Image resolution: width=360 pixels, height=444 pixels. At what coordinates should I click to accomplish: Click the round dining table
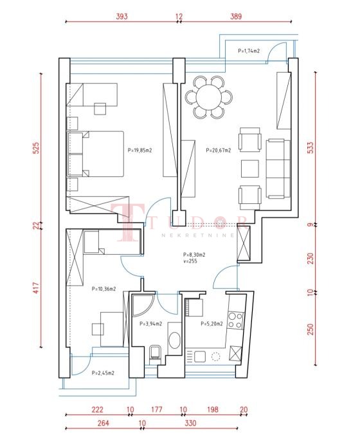[x=209, y=97]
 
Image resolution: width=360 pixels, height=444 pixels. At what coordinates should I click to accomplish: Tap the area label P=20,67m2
[x=219, y=151]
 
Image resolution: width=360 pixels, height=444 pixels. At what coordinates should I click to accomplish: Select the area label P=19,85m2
[x=139, y=151]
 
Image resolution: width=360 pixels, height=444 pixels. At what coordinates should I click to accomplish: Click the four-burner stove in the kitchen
[x=236, y=320]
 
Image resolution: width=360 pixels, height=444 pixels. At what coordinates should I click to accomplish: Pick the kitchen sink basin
[x=199, y=356]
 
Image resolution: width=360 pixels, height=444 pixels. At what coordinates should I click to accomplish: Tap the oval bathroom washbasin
[x=174, y=340]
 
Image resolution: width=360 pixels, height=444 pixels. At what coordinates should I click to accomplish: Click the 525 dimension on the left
[x=37, y=148]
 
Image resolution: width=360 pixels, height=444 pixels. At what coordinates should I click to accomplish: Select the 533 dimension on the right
[x=310, y=148]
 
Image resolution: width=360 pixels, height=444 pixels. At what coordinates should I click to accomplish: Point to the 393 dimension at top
[x=122, y=16]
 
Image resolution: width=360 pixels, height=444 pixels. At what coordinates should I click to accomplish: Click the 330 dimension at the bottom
[x=190, y=423]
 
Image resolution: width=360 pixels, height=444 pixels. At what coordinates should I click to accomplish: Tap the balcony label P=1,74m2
[x=249, y=51]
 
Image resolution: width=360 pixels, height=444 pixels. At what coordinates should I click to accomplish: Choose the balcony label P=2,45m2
[x=103, y=373]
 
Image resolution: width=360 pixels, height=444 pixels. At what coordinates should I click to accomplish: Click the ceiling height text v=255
[x=190, y=261]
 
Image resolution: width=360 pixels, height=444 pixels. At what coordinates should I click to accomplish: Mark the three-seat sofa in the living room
[x=278, y=169]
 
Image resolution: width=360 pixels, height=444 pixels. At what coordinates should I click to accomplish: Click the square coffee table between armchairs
[x=250, y=169]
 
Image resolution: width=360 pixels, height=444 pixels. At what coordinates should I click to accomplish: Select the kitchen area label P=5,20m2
[x=212, y=324]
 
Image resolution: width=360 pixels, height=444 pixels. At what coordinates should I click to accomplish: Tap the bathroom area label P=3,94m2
[x=150, y=324]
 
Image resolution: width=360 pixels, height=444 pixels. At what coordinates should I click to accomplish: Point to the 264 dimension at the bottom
[x=104, y=423]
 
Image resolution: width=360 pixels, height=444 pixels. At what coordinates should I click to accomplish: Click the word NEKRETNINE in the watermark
[x=198, y=236]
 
